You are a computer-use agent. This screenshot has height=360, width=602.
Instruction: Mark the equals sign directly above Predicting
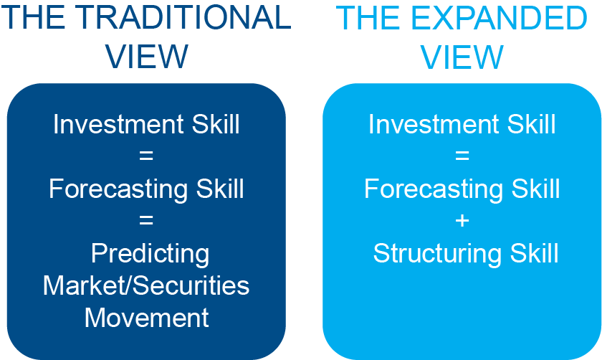146,222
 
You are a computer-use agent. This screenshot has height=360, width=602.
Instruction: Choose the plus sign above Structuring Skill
462,222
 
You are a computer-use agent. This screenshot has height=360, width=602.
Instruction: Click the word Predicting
150,254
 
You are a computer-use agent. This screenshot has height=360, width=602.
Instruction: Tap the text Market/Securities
146,285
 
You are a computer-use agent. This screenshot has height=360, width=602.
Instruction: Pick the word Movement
146,318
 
